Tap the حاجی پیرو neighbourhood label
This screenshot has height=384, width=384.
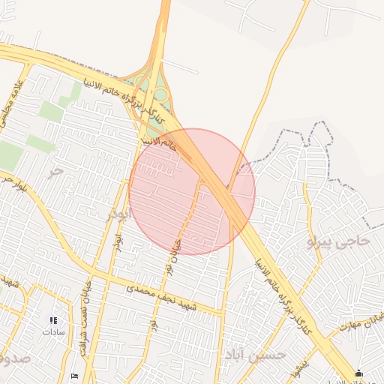tap(339, 241)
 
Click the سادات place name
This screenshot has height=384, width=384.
tap(53, 331)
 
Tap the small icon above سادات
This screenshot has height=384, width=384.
tap(53, 320)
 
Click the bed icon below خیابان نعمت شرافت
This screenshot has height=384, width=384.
tap(73, 376)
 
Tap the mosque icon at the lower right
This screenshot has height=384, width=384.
tap(359, 373)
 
